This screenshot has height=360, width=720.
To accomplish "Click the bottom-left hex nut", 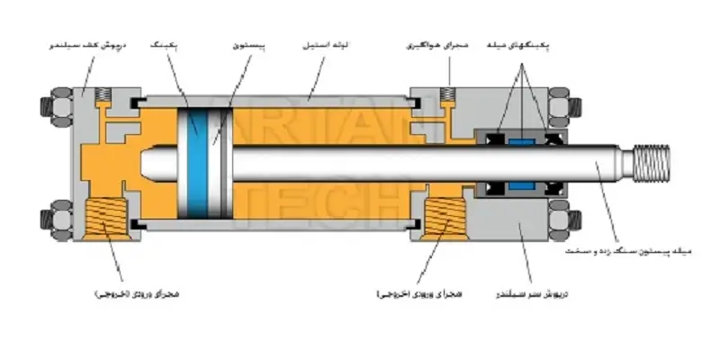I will (49, 221).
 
